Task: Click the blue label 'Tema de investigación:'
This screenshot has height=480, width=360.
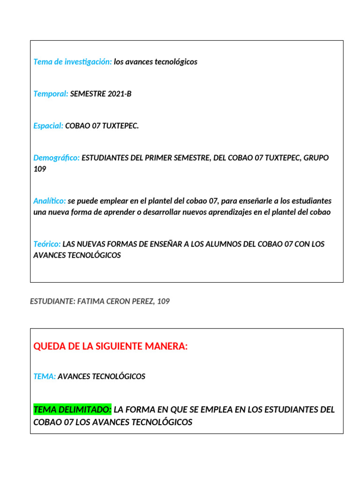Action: (x=73, y=62)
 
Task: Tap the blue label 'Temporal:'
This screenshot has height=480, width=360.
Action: (x=51, y=94)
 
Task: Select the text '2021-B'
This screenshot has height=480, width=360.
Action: (x=120, y=94)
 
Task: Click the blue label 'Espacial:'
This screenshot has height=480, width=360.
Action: (x=48, y=126)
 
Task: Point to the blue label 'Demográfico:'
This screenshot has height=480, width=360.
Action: (x=57, y=157)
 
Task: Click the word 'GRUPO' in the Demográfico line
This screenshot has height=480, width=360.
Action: (x=316, y=157)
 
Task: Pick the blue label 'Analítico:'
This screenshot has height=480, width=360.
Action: (x=50, y=201)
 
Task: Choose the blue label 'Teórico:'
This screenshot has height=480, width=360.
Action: (x=47, y=244)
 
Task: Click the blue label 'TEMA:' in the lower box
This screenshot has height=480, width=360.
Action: (x=45, y=376)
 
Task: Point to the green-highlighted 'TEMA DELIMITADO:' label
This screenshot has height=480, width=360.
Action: (x=72, y=410)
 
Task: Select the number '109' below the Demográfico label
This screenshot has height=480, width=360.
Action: (x=40, y=169)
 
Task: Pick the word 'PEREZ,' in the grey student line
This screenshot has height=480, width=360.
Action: (x=142, y=301)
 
